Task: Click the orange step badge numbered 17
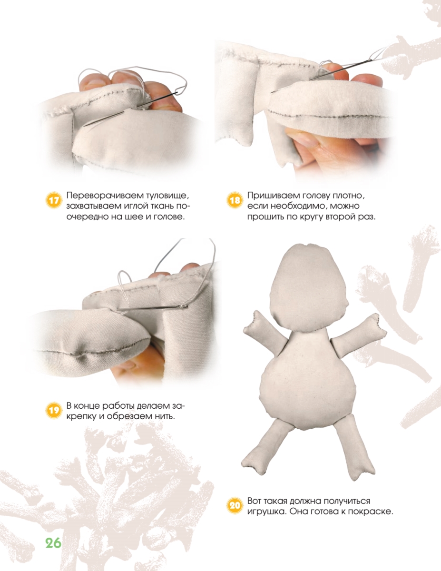pos(54,201)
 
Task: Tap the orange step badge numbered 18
pos(234,201)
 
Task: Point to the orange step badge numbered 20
pos(234,505)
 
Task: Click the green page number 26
pos(53,543)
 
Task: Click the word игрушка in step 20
pos(266,512)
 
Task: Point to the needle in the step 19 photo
pos(153,308)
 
